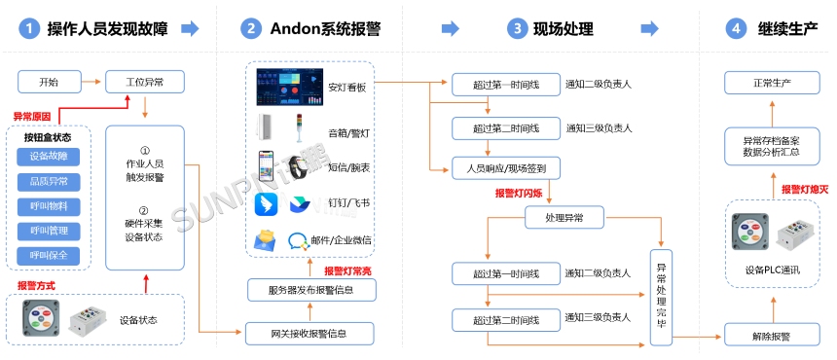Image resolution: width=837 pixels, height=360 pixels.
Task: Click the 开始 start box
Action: [x=49, y=82]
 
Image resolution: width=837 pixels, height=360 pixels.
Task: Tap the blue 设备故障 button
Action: [x=49, y=157]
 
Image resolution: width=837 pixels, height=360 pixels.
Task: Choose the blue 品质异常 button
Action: [x=49, y=182]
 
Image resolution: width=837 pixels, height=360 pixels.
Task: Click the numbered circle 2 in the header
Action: [x=252, y=29]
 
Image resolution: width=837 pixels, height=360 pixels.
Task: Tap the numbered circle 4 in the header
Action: [x=736, y=29]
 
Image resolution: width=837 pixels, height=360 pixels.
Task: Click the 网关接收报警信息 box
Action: [x=309, y=334]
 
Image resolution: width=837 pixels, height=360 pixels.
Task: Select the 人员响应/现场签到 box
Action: [x=505, y=168]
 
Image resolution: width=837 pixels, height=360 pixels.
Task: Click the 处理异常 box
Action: [x=564, y=219]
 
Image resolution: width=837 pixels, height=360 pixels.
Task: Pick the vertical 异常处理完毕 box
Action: [x=662, y=293]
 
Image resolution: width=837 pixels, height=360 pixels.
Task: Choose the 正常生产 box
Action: [x=772, y=82]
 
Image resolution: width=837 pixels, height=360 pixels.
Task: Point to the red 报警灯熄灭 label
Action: [x=805, y=189]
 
